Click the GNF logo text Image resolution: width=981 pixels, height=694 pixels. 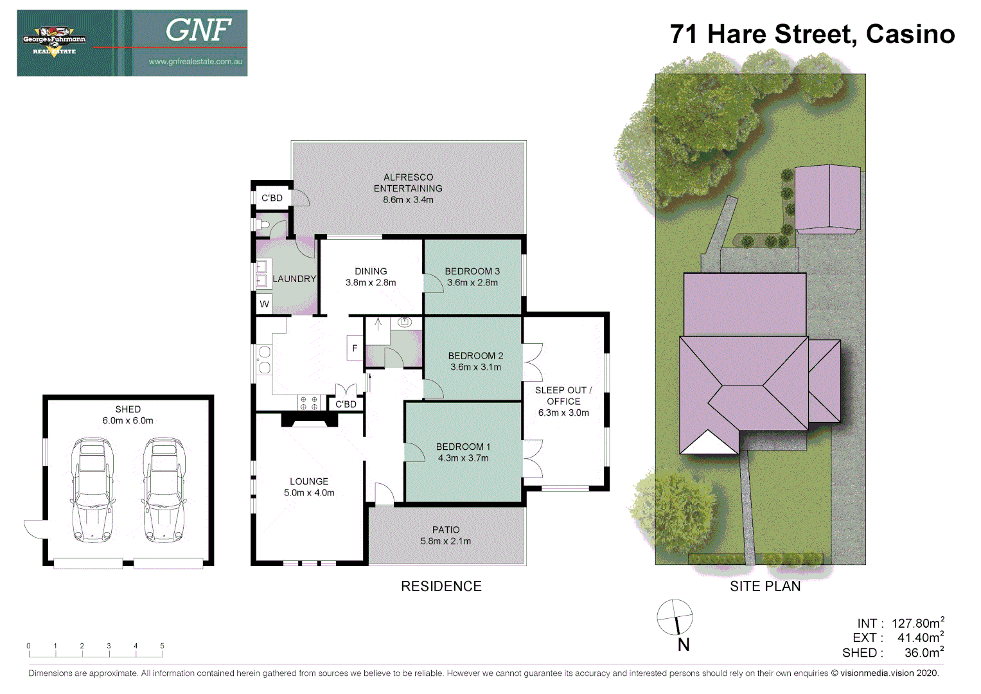(199, 30)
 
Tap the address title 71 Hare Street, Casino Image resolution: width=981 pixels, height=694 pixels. (812, 34)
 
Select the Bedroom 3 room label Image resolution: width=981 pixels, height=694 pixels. (472, 271)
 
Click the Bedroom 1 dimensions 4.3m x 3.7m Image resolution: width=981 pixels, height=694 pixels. (463, 458)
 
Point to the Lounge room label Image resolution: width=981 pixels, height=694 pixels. (309, 481)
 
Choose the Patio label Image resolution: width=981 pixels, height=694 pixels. (446, 529)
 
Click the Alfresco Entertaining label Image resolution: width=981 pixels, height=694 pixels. (409, 182)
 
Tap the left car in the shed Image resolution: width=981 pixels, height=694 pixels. (93, 490)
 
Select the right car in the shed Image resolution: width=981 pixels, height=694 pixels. (164, 490)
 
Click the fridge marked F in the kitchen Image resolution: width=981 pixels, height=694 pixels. (355, 348)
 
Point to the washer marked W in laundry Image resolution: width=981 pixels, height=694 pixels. (264, 304)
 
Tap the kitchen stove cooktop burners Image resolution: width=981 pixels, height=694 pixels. (309, 404)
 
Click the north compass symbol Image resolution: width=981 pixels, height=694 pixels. (675, 618)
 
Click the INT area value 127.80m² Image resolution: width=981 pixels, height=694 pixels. (917, 623)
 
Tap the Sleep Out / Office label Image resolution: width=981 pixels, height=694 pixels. (563, 395)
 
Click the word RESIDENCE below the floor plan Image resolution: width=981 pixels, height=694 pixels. (441, 586)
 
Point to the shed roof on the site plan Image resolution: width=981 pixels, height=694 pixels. (827, 197)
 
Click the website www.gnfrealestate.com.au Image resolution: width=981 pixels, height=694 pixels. (195, 62)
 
